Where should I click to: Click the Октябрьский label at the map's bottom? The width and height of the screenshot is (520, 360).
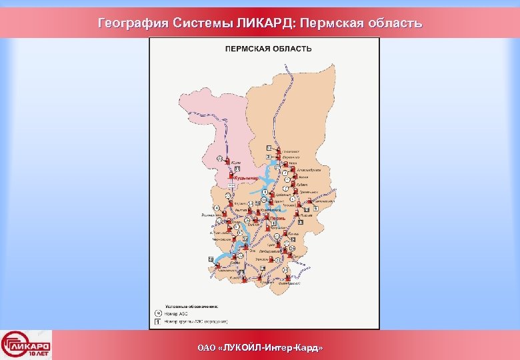pos(291,283)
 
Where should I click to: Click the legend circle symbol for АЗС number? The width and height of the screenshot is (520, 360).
pos(159,312)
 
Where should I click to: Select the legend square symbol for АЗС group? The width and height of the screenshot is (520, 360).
pos(159,321)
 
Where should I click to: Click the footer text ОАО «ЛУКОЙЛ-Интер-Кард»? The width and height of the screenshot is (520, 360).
pos(260,348)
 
